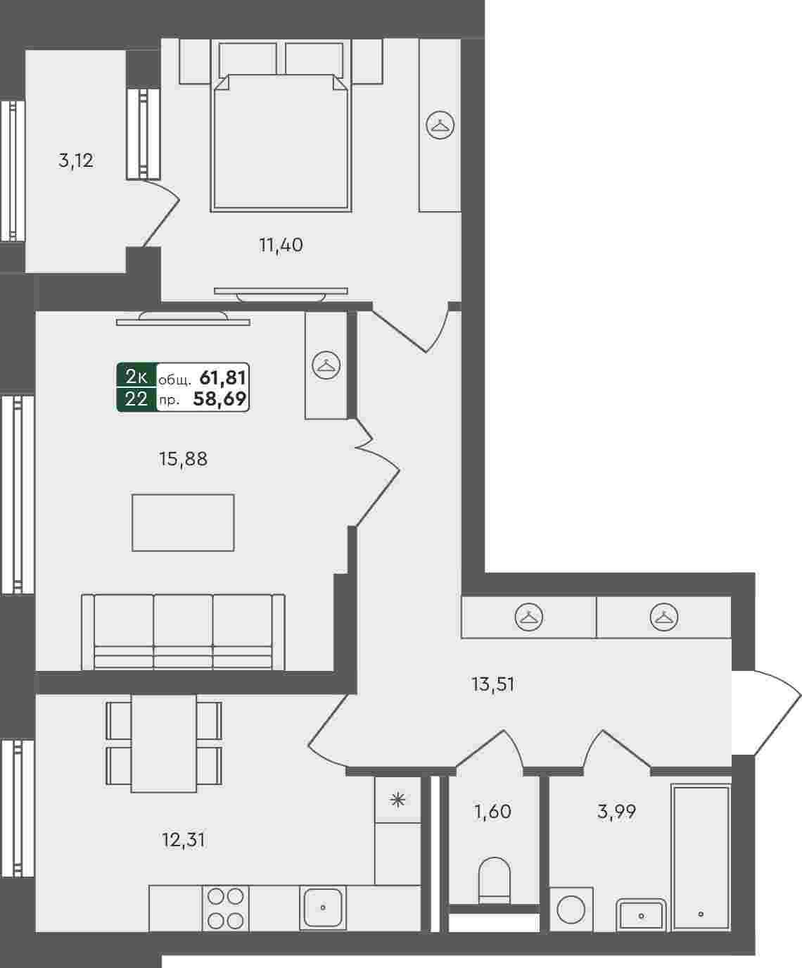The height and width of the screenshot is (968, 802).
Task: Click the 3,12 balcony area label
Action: point(76,161)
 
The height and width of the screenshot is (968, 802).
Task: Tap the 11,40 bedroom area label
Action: point(281,245)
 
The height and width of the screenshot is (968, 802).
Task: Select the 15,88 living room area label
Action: point(183,459)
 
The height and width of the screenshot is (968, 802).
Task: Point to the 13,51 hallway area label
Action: point(493,684)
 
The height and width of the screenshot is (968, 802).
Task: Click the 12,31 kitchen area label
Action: point(184,840)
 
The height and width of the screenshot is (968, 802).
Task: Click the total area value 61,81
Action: point(222,378)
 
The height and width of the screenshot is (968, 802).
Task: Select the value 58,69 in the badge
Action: point(219,398)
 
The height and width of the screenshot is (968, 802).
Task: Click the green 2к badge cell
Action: point(136,377)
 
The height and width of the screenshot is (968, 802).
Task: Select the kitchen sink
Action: point(322,907)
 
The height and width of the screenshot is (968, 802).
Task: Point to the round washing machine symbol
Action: point(571,910)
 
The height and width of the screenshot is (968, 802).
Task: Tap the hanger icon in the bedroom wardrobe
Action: point(440,125)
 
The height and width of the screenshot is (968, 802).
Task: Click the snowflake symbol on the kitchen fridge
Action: point(397,800)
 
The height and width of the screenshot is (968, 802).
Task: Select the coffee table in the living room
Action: point(183,522)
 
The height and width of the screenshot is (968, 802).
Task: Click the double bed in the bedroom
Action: point(281,142)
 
